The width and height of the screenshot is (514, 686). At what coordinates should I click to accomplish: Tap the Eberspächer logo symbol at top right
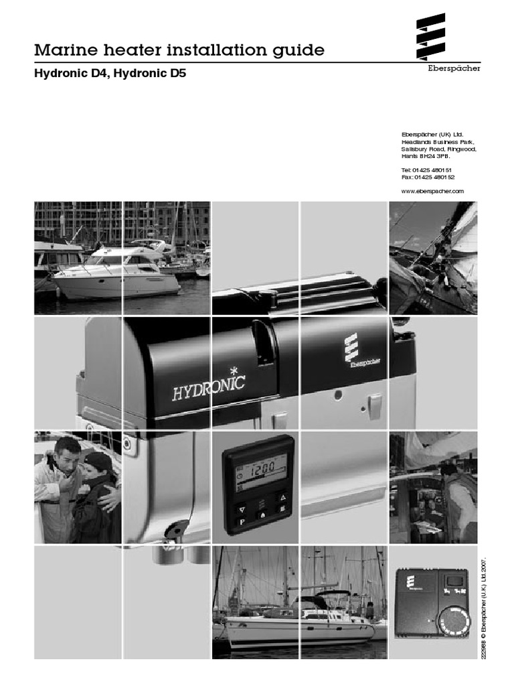click(430, 36)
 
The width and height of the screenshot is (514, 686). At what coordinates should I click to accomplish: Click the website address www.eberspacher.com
click(432, 191)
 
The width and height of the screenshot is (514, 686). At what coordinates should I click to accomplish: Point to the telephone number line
click(426, 169)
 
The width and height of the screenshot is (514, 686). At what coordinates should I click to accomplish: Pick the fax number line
click(428, 177)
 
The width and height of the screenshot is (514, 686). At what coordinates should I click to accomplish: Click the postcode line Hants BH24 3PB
click(425, 155)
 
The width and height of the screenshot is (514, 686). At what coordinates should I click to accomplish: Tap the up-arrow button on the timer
click(283, 498)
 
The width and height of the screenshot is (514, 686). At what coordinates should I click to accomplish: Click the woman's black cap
click(99, 461)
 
